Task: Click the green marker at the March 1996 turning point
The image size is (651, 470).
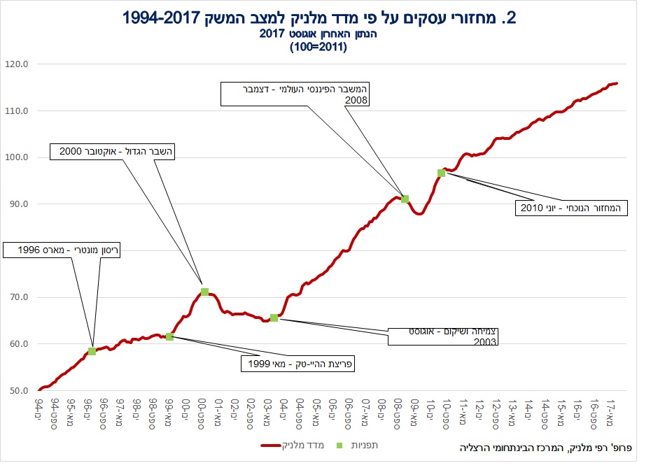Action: (92, 351)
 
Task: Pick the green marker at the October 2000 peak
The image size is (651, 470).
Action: (204, 292)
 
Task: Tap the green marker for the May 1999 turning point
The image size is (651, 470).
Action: (169, 336)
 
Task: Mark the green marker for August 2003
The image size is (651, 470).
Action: (274, 318)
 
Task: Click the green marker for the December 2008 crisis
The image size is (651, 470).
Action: (405, 199)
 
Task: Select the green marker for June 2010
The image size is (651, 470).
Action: (441, 173)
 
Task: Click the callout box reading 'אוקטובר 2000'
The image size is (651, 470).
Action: (113, 151)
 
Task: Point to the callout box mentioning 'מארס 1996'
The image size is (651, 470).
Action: (62, 250)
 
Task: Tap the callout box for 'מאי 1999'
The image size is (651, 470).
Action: (297, 364)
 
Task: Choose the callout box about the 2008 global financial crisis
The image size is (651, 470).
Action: (295, 94)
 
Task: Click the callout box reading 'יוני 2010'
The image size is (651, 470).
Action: (571, 207)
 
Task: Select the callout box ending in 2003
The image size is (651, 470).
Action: (443, 337)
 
